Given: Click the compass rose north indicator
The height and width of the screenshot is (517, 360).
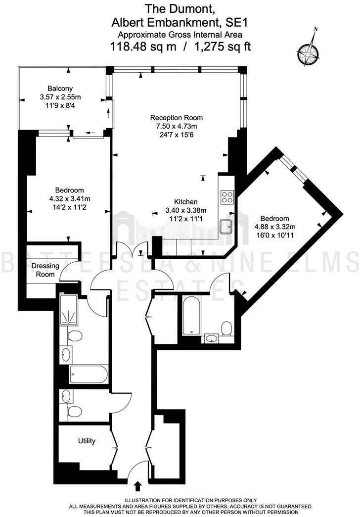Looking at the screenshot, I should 307,50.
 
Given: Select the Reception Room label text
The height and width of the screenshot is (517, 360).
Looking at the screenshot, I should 177,118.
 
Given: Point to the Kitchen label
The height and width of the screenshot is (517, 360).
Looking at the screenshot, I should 185,202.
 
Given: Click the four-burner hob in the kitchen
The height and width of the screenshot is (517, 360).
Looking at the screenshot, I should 227,197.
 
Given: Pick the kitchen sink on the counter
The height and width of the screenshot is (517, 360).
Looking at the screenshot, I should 227,226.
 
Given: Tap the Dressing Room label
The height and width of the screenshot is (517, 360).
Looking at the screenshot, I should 45,270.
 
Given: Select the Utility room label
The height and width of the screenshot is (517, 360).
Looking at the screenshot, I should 87,441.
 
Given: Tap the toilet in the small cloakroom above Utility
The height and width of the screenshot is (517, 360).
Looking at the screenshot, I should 75,412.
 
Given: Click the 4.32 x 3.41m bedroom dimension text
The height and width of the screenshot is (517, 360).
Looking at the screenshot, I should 69,198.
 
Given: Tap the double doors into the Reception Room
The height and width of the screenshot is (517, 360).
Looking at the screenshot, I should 135,250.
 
